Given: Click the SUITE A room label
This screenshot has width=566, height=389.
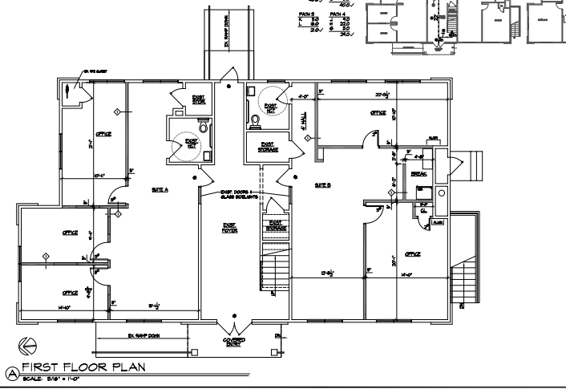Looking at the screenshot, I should click(x=160, y=189).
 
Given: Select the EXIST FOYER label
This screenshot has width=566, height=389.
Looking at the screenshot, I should click(x=230, y=228).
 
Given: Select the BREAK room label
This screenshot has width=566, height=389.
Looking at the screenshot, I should click(x=418, y=174).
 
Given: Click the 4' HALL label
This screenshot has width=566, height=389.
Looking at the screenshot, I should click(x=302, y=118).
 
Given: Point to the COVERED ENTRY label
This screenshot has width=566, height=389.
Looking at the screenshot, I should click(x=234, y=342).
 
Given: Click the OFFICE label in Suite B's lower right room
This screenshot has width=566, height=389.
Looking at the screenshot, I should click(x=413, y=254).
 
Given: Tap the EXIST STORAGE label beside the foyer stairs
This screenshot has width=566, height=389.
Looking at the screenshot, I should click(x=275, y=226).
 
